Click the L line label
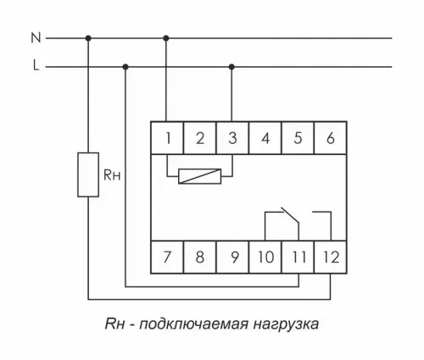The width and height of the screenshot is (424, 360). click(x=35, y=66)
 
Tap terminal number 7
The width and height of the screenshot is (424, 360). click(x=167, y=256)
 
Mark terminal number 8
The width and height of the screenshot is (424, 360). click(x=199, y=256)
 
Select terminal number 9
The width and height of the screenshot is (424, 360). click(x=232, y=256)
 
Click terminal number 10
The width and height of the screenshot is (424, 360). click(x=265, y=256)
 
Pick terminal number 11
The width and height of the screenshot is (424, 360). click(x=297, y=256)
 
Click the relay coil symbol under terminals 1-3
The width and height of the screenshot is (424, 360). click(x=199, y=176)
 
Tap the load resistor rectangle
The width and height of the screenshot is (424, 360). click(x=88, y=174)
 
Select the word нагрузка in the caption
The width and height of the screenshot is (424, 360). click(x=288, y=324)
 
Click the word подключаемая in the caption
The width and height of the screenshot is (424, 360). click(x=198, y=324)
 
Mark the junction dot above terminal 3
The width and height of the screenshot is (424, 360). click(x=232, y=66)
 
